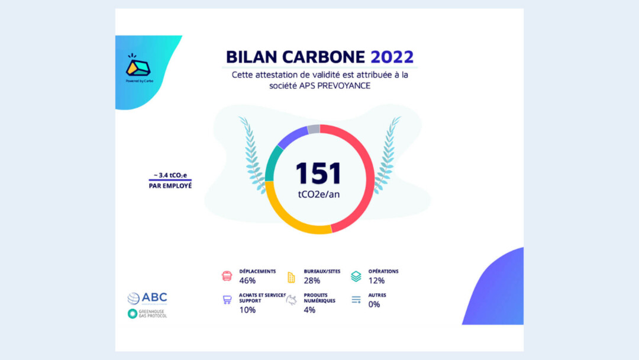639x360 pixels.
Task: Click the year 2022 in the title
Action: pyautogui.click(x=392, y=57)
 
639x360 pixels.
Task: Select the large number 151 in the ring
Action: pyautogui.click(x=318, y=173)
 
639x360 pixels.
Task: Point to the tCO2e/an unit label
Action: pyautogui.click(x=319, y=194)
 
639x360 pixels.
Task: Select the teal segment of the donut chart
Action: pyautogui.click(x=272, y=163)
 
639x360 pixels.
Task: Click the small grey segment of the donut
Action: pyautogui.click(x=314, y=129)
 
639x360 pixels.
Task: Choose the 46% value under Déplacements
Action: pyautogui.click(x=247, y=281)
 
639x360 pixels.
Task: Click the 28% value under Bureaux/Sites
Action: pyautogui.click(x=312, y=281)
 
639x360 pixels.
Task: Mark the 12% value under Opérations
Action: pyautogui.click(x=376, y=281)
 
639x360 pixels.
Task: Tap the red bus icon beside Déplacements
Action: pyautogui.click(x=227, y=276)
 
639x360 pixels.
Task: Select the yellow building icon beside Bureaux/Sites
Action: pyautogui.click(x=291, y=277)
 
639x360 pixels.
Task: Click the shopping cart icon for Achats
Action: pyautogui.click(x=227, y=300)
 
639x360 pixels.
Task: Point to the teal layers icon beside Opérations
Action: pyautogui.click(x=356, y=277)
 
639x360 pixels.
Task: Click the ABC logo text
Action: pyautogui.click(x=154, y=298)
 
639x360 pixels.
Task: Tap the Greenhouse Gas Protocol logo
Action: pyautogui.click(x=147, y=314)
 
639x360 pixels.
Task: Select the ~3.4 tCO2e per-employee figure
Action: pyautogui.click(x=170, y=175)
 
